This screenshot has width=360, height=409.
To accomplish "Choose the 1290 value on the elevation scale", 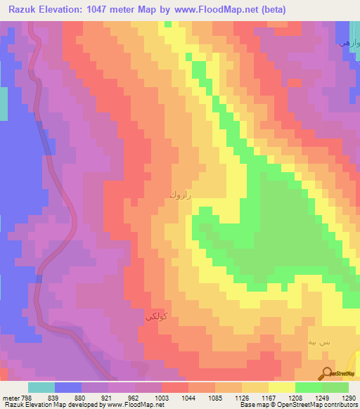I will click(x=349, y=396).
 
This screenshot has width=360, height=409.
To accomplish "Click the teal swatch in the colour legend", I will click(x=41, y=387).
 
